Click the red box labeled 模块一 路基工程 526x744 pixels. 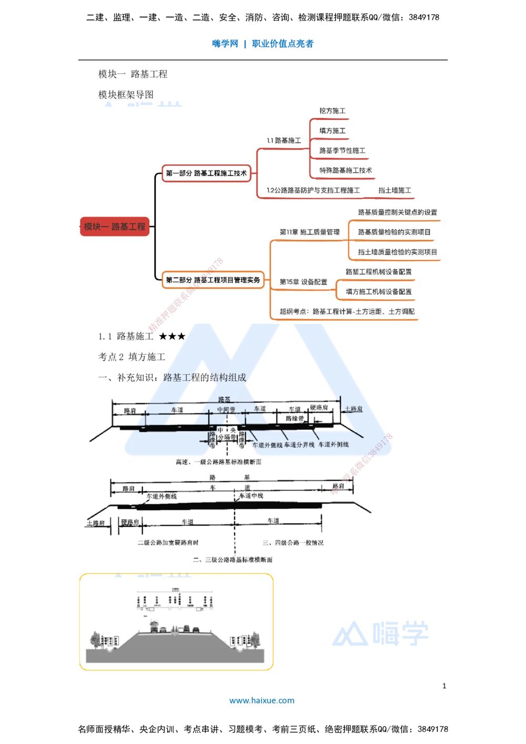point(115,227)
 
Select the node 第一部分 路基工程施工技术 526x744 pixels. point(206,173)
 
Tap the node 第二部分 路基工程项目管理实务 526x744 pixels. point(213,280)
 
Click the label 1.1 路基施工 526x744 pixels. point(284,140)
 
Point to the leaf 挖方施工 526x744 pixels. point(332,111)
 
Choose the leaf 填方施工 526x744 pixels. point(332,130)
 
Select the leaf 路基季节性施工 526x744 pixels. point(342,150)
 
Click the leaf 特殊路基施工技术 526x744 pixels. point(346,170)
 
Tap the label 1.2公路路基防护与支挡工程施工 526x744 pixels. point(313,190)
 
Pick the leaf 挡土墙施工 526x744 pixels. point(394,190)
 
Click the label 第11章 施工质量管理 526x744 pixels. point(309,232)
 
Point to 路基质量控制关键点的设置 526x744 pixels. point(397,213)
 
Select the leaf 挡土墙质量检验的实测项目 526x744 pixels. point(397,252)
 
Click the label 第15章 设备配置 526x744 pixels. point(303,282)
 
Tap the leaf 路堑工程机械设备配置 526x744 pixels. point(379,272)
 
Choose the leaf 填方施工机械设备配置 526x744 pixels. point(379,291)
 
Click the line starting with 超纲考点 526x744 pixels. point(347,311)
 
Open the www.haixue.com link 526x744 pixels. point(262,700)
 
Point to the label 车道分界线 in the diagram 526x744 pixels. point(299,445)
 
